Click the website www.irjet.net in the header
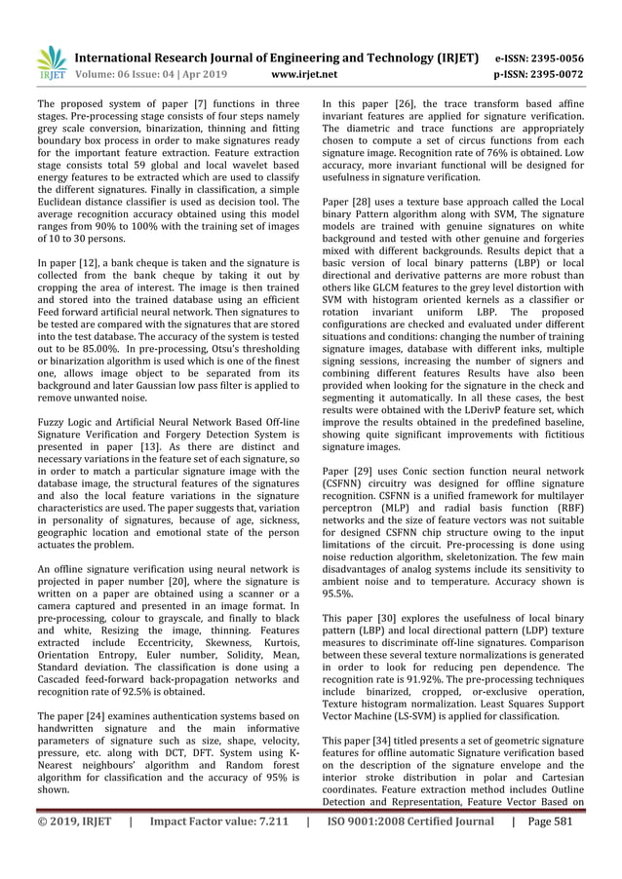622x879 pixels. coord(306,72)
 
